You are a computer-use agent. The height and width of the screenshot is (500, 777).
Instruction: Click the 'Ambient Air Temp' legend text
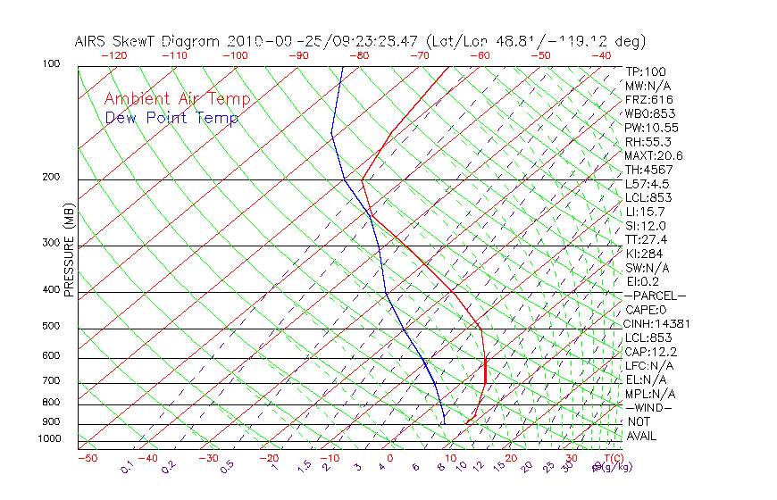pos(177,99)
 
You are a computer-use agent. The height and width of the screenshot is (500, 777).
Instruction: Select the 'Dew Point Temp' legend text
pos(171,118)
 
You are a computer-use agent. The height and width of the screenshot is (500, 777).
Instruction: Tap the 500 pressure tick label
pos(51,326)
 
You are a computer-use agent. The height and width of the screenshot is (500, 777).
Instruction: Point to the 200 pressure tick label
pos(51,177)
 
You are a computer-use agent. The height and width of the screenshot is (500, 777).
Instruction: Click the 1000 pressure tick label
pos(48,438)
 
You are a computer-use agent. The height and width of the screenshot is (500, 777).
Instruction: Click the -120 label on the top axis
pos(113,55)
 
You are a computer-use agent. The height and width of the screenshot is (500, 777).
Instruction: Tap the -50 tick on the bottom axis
pos(87,458)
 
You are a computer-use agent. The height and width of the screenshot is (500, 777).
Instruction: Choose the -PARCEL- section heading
pos(656,296)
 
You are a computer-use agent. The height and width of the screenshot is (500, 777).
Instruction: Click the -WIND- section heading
pos(648,407)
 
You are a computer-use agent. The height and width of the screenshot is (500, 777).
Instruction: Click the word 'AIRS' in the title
pos(91,41)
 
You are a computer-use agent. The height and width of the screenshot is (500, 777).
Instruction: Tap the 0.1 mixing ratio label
pos(127,467)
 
